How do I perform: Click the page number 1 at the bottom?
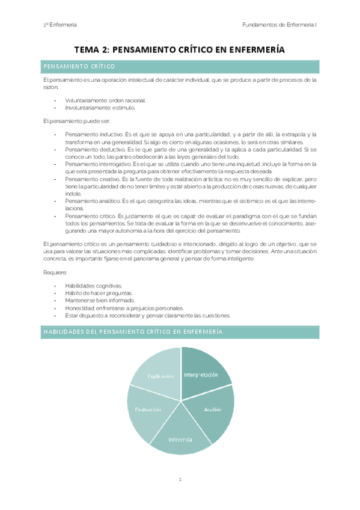point(180,479)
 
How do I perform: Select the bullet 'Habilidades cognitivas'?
point(93,285)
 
